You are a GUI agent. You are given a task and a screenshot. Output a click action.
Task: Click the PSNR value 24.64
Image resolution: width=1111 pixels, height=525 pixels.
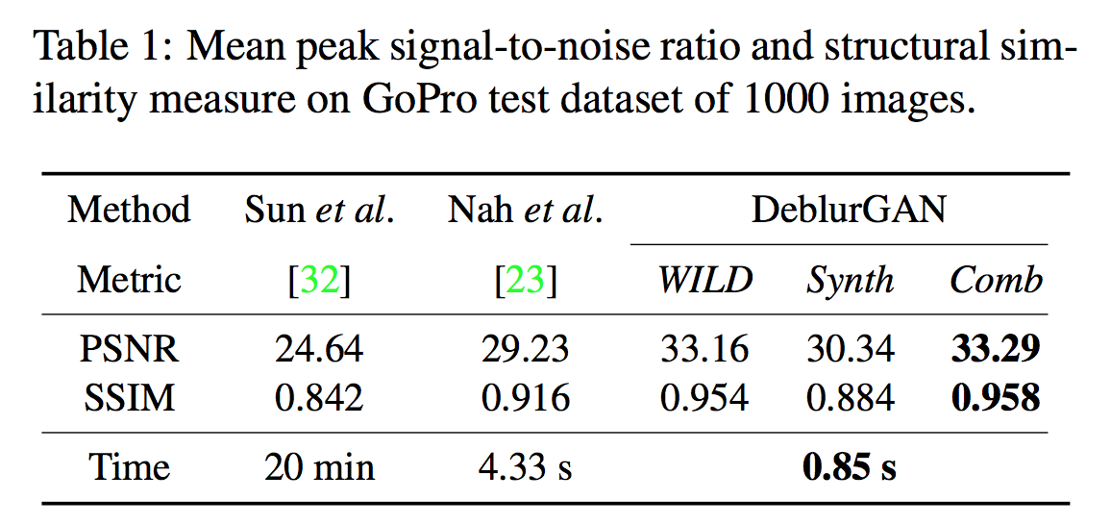[x=319, y=349]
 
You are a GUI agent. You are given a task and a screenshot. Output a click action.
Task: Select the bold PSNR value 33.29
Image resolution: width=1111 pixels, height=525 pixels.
[x=995, y=349]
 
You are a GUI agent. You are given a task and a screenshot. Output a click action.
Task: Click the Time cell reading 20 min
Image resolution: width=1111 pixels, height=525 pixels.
[x=319, y=467]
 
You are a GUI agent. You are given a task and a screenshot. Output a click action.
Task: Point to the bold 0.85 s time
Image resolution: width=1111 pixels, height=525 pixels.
[x=849, y=467]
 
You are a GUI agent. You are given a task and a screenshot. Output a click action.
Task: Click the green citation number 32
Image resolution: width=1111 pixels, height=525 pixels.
[x=319, y=281]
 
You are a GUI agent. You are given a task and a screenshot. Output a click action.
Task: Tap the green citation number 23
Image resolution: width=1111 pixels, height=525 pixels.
[x=526, y=281]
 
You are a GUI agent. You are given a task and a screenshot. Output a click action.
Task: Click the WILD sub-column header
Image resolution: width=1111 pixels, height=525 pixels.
[x=704, y=281]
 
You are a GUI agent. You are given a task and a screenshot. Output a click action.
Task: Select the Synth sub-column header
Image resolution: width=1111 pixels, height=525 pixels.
[x=850, y=281]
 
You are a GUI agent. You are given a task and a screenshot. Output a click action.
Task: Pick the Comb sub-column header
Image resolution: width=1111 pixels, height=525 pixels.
[x=996, y=281]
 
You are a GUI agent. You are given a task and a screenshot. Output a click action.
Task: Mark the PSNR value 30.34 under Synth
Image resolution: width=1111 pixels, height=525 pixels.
[x=851, y=349]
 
